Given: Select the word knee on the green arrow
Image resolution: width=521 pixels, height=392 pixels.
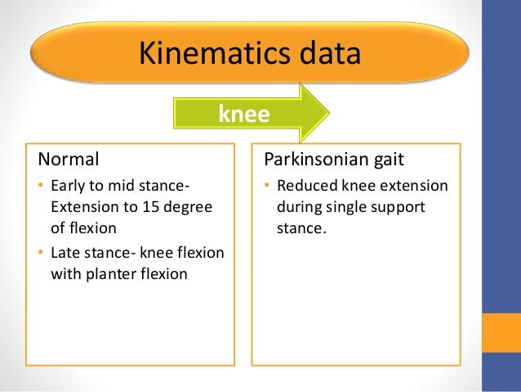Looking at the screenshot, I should pyautogui.click(x=243, y=115).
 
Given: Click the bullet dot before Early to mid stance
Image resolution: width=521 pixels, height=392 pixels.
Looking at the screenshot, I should pyautogui.click(x=42, y=186).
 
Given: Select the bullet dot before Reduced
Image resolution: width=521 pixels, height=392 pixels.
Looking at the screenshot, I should pyautogui.click(x=266, y=186).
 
